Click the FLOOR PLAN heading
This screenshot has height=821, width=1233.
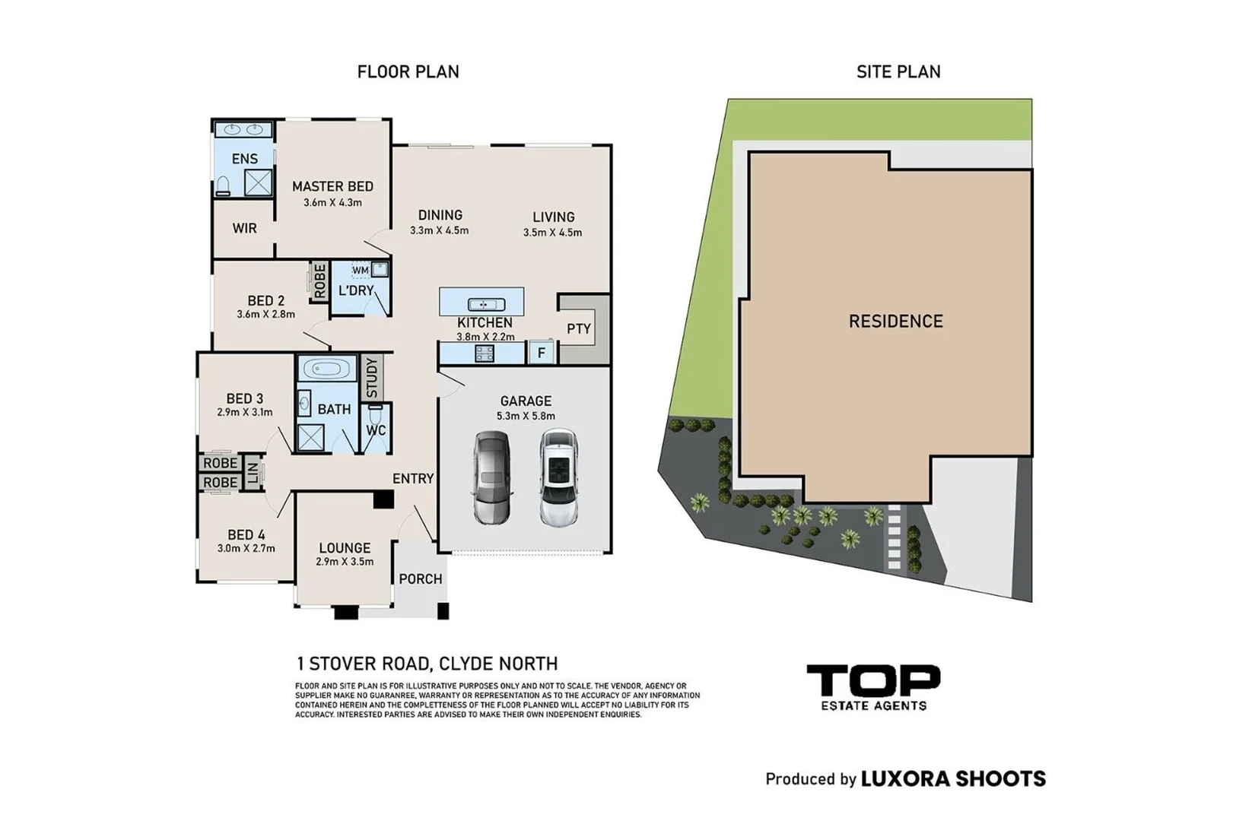[x=408, y=72]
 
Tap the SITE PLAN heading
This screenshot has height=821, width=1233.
[x=898, y=72]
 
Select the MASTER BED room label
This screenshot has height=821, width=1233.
[x=332, y=186]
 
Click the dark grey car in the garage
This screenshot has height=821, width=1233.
[x=492, y=477]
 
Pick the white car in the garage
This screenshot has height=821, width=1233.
[x=559, y=477]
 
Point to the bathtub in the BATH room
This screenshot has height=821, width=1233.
[x=328, y=368]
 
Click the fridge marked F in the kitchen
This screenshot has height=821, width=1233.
[x=541, y=353]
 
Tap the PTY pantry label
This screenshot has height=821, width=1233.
[x=579, y=329]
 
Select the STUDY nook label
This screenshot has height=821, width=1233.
[x=372, y=378]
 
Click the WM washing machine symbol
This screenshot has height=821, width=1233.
[x=361, y=271]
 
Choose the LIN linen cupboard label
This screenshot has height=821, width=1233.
[x=253, y=473]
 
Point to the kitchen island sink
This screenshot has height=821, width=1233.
[x=486, y=304]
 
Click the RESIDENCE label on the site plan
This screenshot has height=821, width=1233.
[x=895, y=322]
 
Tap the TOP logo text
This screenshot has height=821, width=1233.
[x=873, y=680]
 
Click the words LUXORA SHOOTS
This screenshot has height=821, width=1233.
[x=953, y=779]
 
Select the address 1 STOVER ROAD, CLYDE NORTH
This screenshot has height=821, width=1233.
[x=427, y=664]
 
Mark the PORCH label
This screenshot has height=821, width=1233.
[x=421, y=579]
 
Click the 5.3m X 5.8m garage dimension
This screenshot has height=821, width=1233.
[x=526, y=417]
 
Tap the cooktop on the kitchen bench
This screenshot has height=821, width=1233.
[x=485, y=353]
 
